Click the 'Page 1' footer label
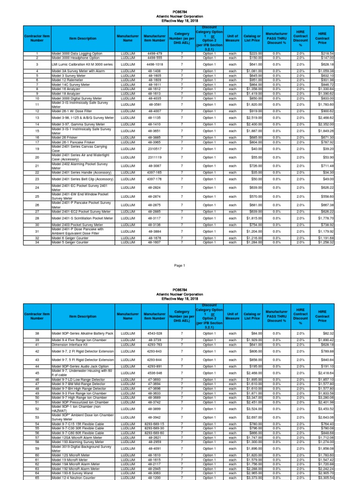(180, 265)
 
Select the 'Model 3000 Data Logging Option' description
(77, 54)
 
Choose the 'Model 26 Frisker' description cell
(66, 137)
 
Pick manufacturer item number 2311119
(154, 157)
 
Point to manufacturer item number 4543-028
(154, 333)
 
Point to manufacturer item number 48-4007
(154, 111)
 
